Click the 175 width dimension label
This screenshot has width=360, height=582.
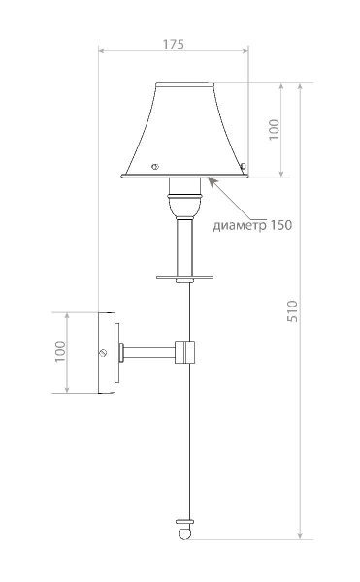click(173, 45)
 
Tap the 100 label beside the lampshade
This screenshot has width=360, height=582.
click(274, 129)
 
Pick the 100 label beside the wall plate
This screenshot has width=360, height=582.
click(59, 352)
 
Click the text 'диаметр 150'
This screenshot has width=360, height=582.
click(251, 225)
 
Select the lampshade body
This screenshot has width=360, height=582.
click(185, 126)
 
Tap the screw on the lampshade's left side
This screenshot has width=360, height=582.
click(154, 165)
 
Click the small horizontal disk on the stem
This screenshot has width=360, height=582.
click(183, 276)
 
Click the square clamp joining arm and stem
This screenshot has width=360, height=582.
click(184, 352)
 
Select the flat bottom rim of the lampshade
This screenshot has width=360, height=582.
click(184, 177)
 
